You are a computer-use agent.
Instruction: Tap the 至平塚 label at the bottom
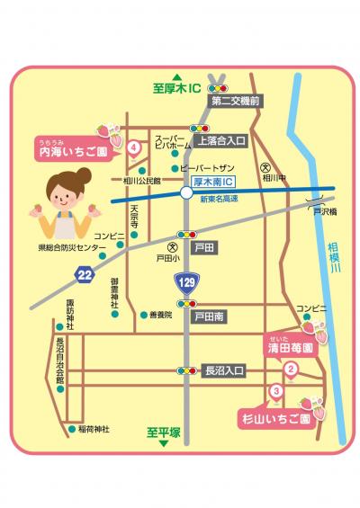click(164, 432)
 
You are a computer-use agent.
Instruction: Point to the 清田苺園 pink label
click(291, 346)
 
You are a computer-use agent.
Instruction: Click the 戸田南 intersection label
click(210, 317)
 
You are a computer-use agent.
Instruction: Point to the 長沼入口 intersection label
click(224, 370)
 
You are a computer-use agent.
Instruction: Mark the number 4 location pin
click(133, 147)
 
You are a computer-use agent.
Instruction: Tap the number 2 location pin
click(291, 369)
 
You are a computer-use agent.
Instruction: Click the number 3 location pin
click(276, 391)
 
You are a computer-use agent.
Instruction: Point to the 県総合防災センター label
click(72, 247)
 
